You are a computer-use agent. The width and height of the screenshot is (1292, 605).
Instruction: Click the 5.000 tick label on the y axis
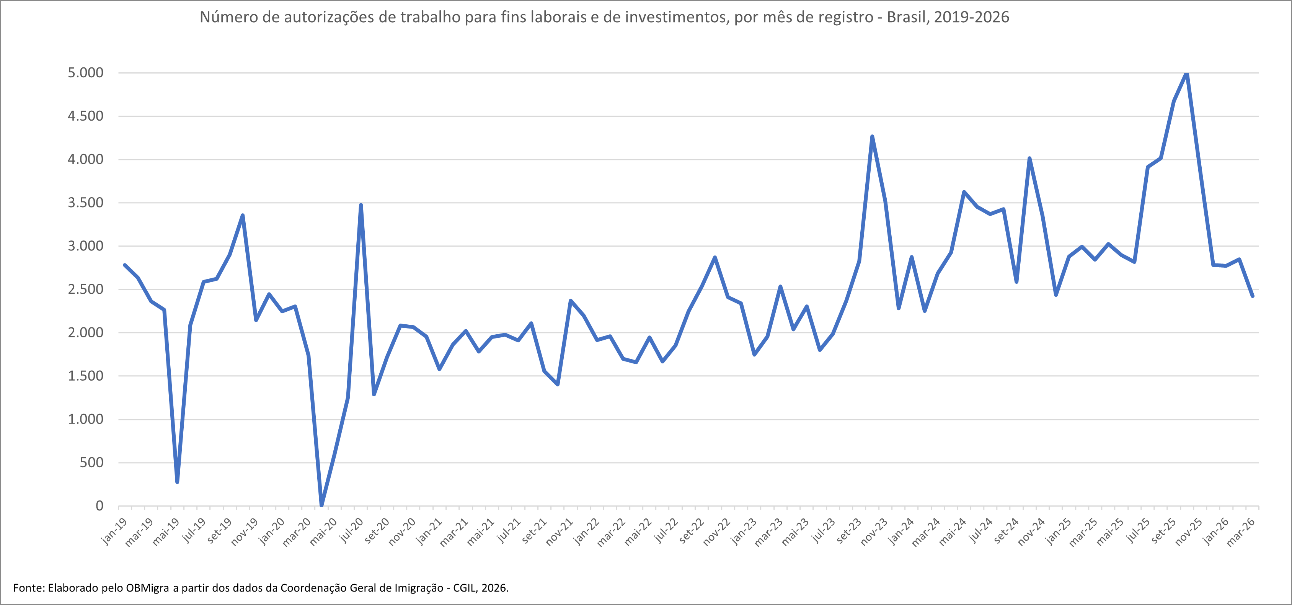[85, 73]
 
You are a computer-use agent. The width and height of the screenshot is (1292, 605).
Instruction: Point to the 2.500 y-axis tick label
[85, 289]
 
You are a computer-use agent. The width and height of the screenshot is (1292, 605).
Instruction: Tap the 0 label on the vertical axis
[99, 506]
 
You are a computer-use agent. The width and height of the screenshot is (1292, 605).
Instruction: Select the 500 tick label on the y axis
[91, 463]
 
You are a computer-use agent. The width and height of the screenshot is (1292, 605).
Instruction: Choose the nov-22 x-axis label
[717, 532]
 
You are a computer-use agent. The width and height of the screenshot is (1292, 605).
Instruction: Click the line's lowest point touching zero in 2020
[321, 505]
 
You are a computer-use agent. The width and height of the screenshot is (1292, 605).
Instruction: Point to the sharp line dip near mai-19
[177, 482]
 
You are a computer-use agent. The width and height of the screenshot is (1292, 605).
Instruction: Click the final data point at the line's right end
[1252, 296]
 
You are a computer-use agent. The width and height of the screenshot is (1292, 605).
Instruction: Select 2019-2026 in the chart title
[972, 17]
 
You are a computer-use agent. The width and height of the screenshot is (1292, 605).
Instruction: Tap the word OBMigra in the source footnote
[147, 588]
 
